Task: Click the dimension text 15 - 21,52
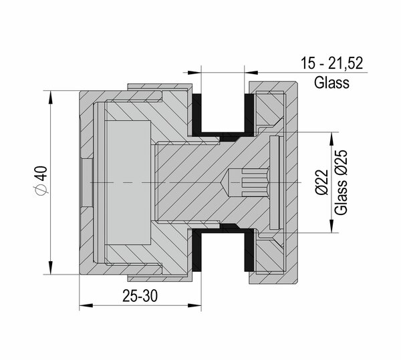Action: [331, 63]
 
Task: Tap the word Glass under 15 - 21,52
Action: [331, 83]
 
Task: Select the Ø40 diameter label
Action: [40, 181]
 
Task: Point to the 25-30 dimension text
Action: [140, 296]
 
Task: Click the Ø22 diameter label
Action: [321, 182]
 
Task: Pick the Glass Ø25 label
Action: [341, 182]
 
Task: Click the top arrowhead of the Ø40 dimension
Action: [50, 97]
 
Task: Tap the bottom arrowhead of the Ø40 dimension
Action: [50, 268]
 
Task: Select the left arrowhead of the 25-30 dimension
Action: [86, 305]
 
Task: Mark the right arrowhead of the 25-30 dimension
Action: [194, 305]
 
